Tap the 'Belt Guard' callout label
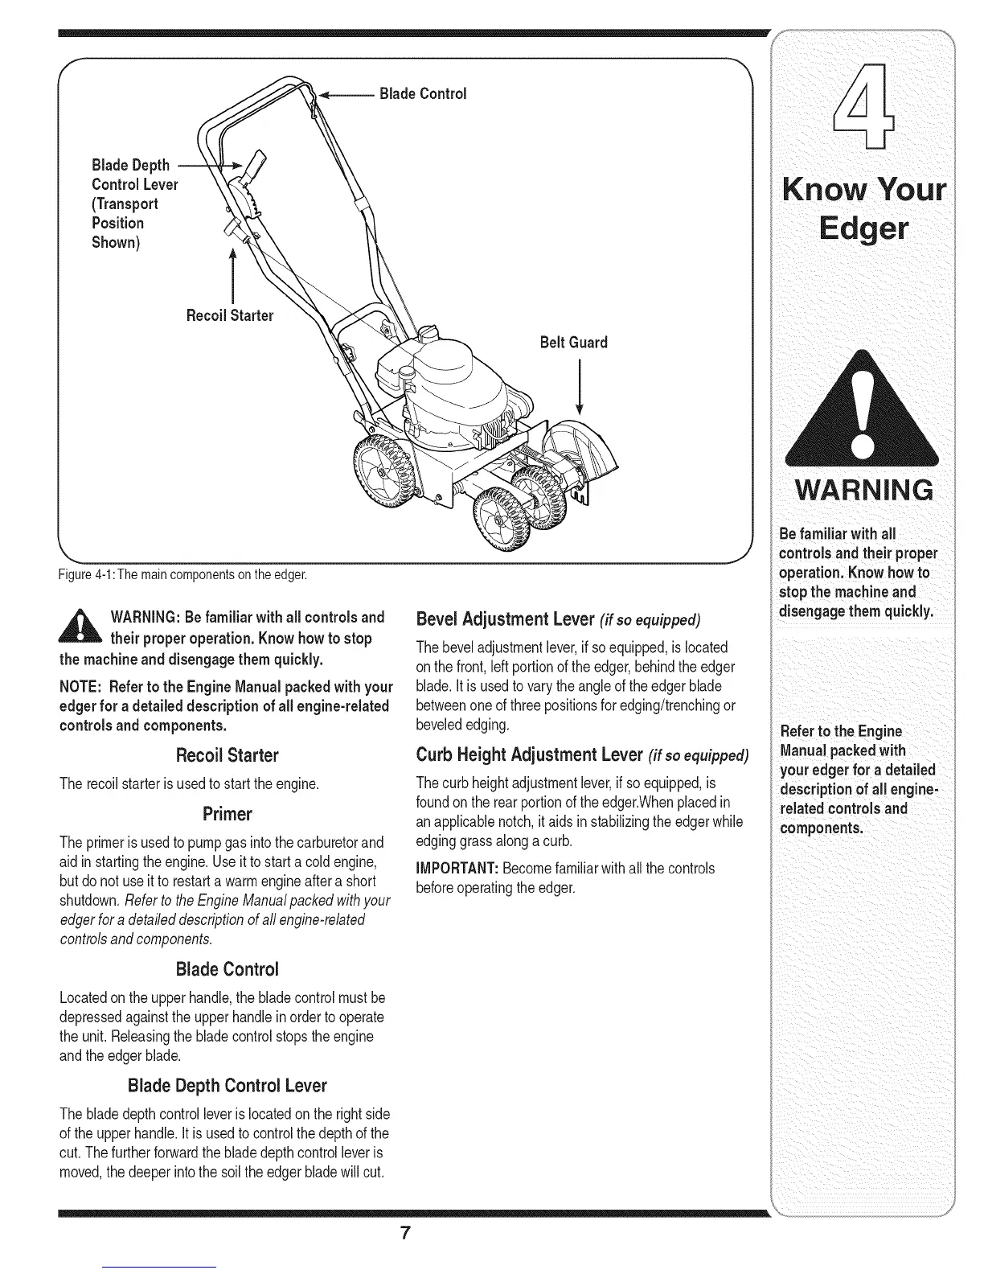click(x=574, y=343)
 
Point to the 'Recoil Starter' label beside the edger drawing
click(x=230, y=315)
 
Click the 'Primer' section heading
click(x=228, y=814)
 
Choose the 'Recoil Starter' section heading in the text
click(x=228, y=755)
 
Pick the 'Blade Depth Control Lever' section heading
click(x=228, y=1086)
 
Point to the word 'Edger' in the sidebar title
click(x=863, y=228)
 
